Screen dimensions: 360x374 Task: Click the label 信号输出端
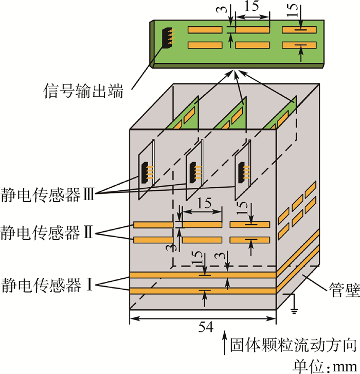pyautogui.click(x=83, y=91)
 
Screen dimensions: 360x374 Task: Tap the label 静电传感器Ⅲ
pyautogui.click(x=48, y=194)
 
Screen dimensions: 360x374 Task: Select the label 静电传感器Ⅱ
pyautogui.click(x=47, y=233)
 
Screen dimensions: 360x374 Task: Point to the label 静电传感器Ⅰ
pyautogui.click(x=47, y=285)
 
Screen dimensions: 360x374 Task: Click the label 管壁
pyautogui.click(x=344, y=290)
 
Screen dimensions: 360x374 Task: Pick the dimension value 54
pyautogui.click(x=206, y=327)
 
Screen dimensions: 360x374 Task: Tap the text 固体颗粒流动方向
pyautogui.click(x=293, y=345)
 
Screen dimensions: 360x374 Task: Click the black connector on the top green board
pyautogui.click(x=167, y=38)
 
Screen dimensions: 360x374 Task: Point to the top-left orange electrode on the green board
pyautogui.click(x=205, y=30)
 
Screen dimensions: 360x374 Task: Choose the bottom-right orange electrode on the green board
pyautogui.click(x=299, y=45)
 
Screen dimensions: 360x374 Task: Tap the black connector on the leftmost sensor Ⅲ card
pyautogui.click(x=145, y=173)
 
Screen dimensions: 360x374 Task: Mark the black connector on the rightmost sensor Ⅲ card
pyautogui.click(x=241, y=173)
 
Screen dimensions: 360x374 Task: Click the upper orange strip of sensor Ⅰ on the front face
pyautogui.click(x=203, y=275)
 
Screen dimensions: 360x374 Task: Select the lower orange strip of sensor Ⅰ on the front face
pyautogui.click(x=203, y=291)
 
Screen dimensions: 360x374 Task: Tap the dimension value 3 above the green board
pyautogui.click(x=223, y=9)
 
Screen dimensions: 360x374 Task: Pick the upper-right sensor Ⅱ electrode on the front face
pyautogui.click(x=249, y=225)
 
